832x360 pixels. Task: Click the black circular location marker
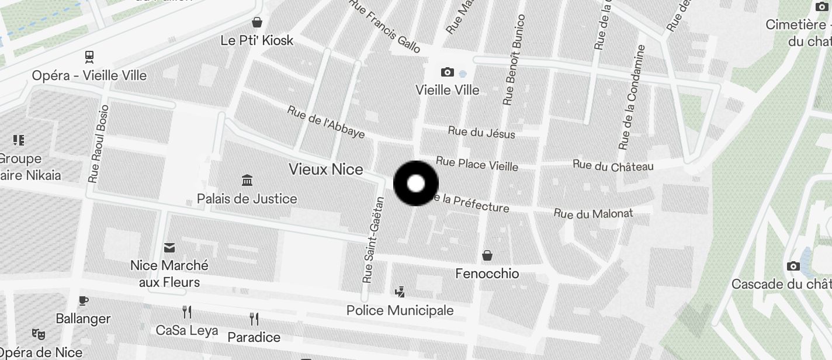[x=415, y=184]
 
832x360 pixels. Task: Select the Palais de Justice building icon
[x=247, y=181]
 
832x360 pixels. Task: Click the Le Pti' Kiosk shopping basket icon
[x=257, y=23]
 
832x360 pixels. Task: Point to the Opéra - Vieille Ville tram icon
[x=89, y=57]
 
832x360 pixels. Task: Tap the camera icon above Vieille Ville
[x=448, y=72]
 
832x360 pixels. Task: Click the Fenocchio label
[x=487, y=274]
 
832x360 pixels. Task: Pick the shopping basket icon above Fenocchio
[x=487, y=255]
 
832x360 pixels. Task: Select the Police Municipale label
[x=400, y=310]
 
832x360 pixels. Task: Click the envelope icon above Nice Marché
[x=169, y=248]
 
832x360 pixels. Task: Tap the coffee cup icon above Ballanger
[x=84, y=301]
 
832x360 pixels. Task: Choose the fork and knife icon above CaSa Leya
[x=187, y=312]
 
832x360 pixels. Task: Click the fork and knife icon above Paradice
[x=254, y=319]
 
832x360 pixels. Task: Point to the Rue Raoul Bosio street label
[x=98, y=144]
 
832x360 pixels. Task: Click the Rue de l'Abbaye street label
[x=326, y=122]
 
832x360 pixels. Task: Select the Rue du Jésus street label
[x=481, y=133]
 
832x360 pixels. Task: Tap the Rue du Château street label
[x=613, y=166]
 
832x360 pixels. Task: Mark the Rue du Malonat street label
[x=593, y=214]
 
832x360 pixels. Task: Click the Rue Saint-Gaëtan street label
[x=373, y=240]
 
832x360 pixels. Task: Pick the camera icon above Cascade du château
[x=793, y=266]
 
